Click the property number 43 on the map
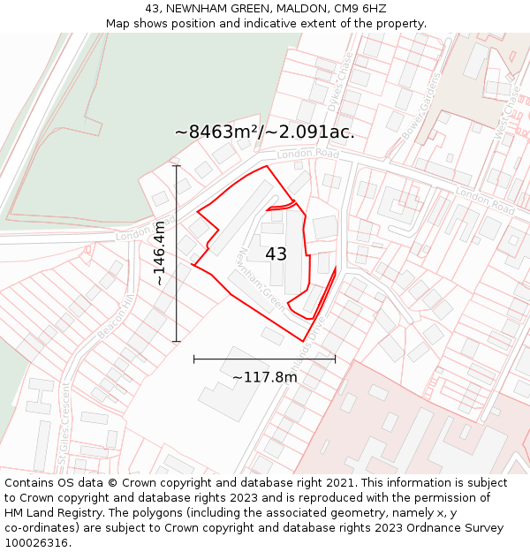(x=276, y=254)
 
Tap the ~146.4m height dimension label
(x=160, y=253)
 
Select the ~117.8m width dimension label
(x=264, y=377)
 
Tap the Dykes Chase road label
(x=344, y=80)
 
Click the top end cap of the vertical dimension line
(x=177, y=165)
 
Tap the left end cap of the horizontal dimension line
(x=193, y=359)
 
